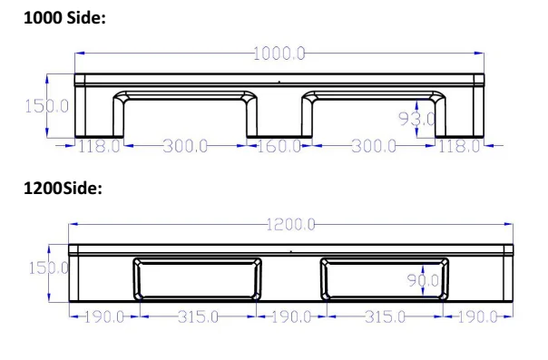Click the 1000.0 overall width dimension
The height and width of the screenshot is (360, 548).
click(279, 54)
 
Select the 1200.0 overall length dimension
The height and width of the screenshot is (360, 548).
click(290, 224)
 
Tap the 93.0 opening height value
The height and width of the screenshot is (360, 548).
click(417, 119)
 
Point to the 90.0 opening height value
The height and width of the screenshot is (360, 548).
click(423, 280)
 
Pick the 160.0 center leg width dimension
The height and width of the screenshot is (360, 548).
click(279, 146)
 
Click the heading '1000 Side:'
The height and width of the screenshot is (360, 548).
click(64, 17)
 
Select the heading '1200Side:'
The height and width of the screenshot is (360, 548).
click(63, 189)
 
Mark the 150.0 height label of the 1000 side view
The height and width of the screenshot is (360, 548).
click(46, 106)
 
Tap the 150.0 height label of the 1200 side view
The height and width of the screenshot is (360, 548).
click(48, 268)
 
